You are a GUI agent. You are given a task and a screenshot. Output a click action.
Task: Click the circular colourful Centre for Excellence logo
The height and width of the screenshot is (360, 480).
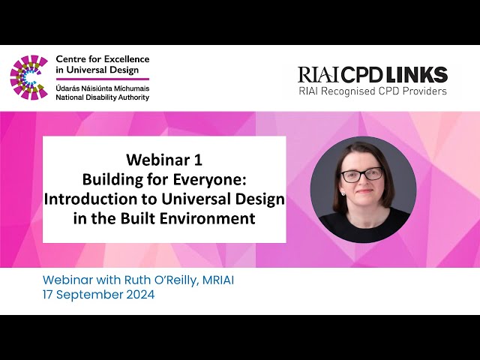pyautogui.click(x=28, y=77)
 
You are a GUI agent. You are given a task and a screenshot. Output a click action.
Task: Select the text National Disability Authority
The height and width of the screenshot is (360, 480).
pyautogui.click(x=103, y=97)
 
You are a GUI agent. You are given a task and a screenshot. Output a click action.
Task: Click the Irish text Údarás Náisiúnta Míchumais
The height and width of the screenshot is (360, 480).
pyautogui.click(x=102, y=87)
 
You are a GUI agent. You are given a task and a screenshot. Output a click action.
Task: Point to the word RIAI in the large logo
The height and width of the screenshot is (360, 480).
pyautogui.click(x=319, y=75)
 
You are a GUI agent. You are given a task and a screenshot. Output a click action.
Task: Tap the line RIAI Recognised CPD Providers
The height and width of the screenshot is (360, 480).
pyautogui.click(x=371, y=91)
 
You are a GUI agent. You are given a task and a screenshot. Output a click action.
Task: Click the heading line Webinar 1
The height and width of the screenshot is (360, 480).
pyautogui.click(x=164, y=159)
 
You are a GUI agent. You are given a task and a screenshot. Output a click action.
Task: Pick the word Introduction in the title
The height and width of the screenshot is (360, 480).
pyautogui.click(x=90, y=199)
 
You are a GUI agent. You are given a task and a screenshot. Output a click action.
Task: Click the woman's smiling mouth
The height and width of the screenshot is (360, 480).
pyautogui.click(x=363, y=194)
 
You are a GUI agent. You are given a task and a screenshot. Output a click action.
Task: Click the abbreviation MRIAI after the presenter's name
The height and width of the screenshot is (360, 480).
pyautogui.click(x=221, y=280)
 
